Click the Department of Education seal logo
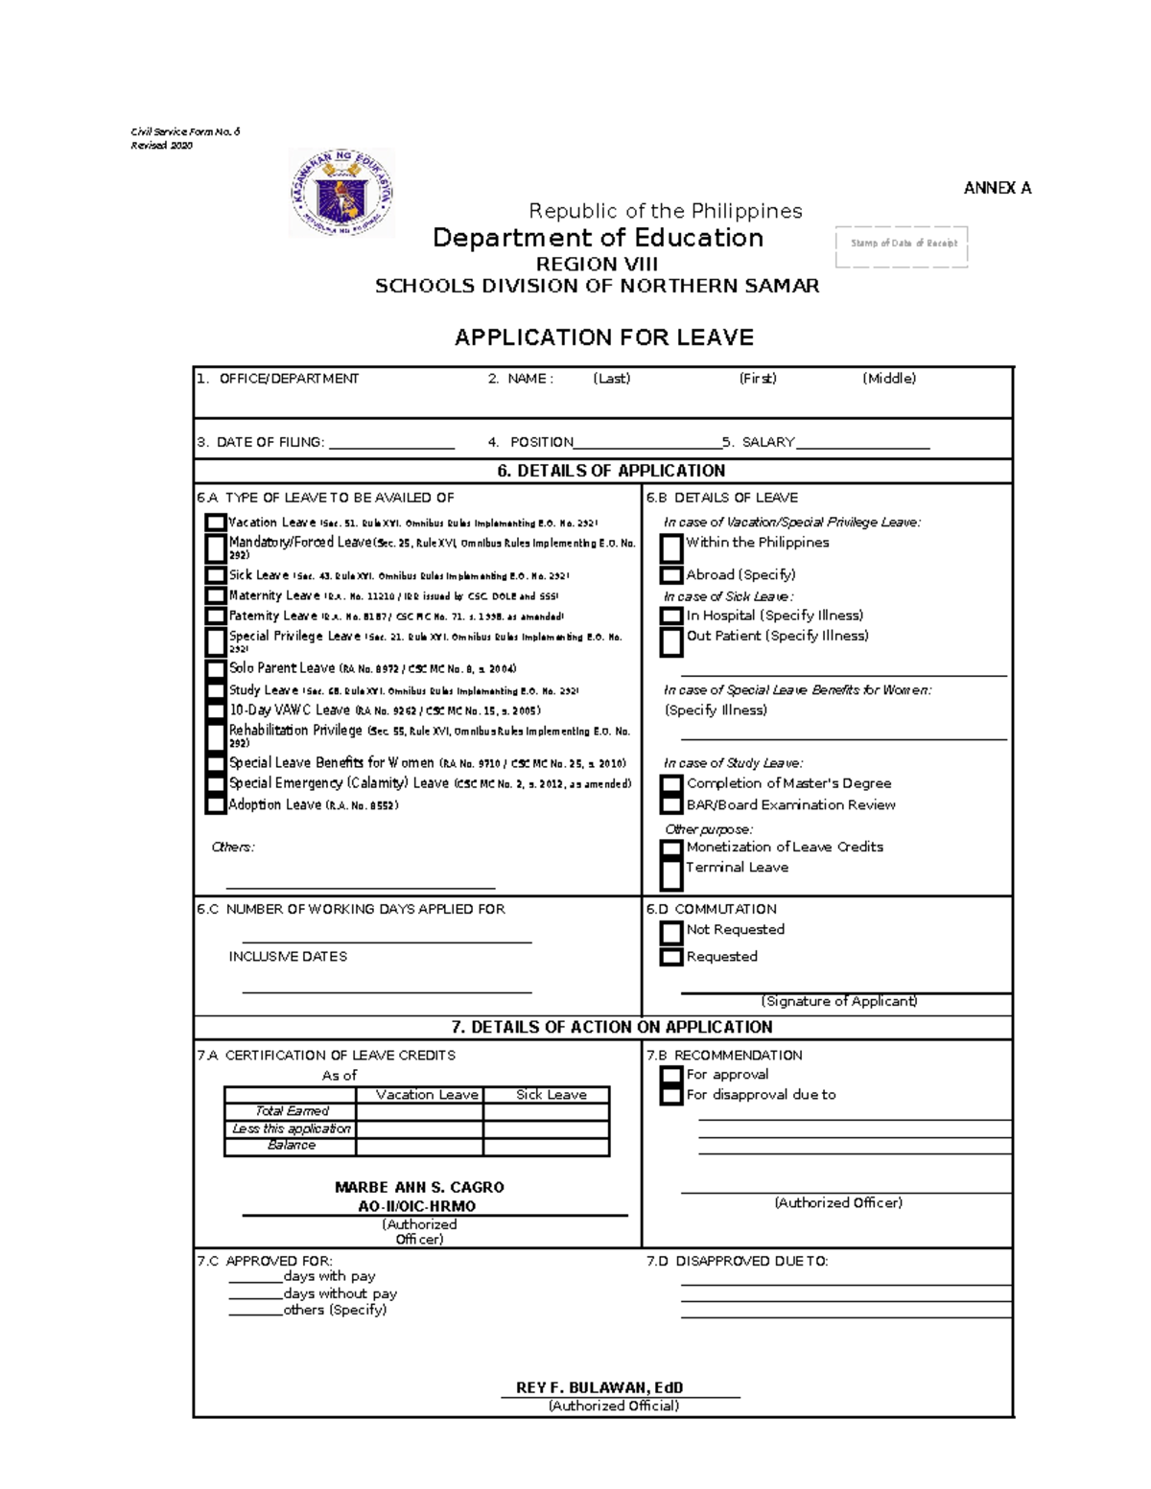pyautogui.click(x=341, y=193)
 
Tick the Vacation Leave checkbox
pyautogui.click(x=215, y=523)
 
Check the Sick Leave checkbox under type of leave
pyautogui.click(x=215, y=575)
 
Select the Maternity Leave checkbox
pyautogui.click(x=215, y=595)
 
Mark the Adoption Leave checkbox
pyautogui.click(x=215, y=805)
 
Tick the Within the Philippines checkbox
pyautogui.click(x=671, y=547)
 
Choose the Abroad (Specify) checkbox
pyautogui.click(x=671, y=575)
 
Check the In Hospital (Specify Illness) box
pyautogui.click(x=671, y=616)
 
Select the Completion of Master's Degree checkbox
pyautogui.click(x=671, y=784)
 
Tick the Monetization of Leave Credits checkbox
pyautogui.click(x=671, y=848)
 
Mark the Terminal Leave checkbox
pyautogui.click(x=671, y=872)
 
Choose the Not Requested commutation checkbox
pyautogui.click(x=671, y=931)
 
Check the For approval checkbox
pyautogui.click(x=671, y=1075)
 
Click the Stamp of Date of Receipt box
pyautogui.click(x=902, y=245)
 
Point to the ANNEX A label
pyautogui.click(x=997, y=188)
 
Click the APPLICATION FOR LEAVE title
pyautogui.click(x=603, y=337)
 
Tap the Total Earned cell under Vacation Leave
pyautogui.click(x=419, y=1111)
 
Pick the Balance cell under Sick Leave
pyautogui.click(x=546, y=1146)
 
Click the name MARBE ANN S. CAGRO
pyautogui.click(x=419, y=1187)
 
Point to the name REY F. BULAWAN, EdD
pyautogui.click(x=599, y=1387)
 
